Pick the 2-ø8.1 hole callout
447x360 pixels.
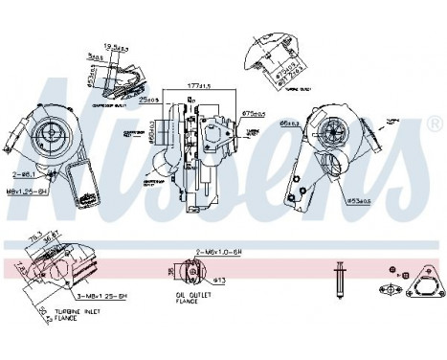pyautogui.click(x=25, y=176)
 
